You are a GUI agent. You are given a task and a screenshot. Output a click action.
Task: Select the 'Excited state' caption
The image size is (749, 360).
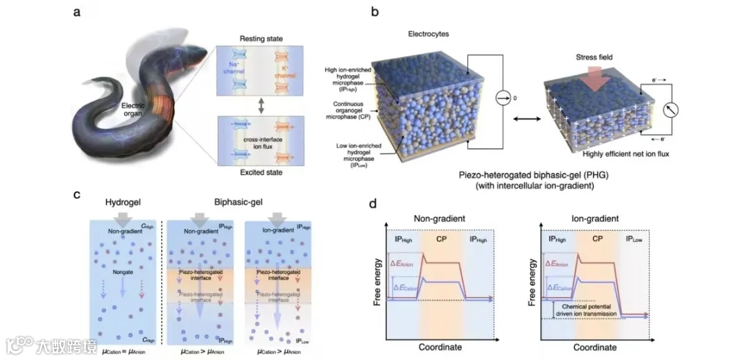pyautogui.click(x=257, y=172)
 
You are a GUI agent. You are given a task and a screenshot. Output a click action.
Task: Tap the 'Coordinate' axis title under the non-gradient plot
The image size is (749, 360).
pyautogui.click(x=440, y=346)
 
